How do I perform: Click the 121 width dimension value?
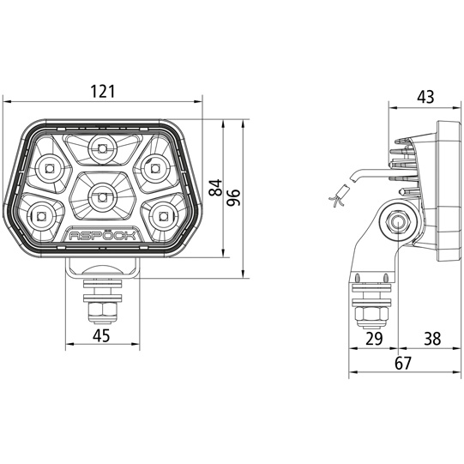(102, 92)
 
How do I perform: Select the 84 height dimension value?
(216, 187)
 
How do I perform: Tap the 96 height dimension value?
(233, 197)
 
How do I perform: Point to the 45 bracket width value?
(101, 336)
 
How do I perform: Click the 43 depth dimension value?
(425, 97)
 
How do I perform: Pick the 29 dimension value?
(374, 339)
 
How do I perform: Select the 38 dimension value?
(432, 339)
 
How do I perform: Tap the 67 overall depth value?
(403, 363)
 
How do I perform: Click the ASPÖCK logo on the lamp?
(102, 236)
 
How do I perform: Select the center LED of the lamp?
(102, 196)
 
